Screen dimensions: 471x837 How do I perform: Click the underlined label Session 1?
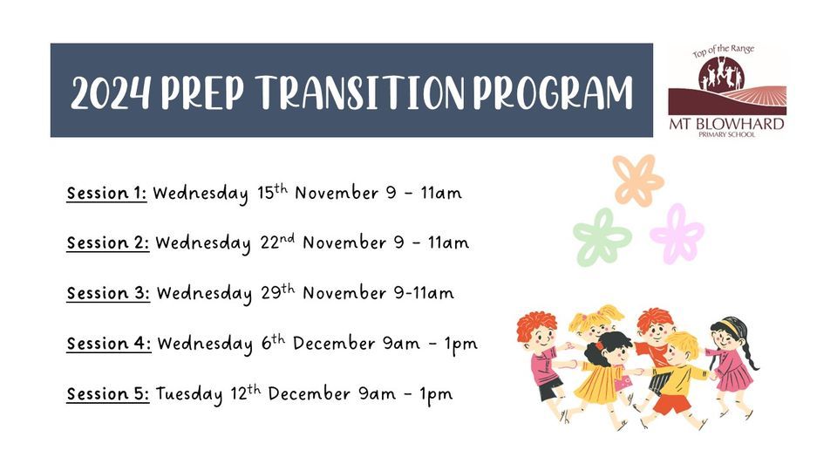coord(106,193)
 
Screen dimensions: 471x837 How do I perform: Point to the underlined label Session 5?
coord(108,394)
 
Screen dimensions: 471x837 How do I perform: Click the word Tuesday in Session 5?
coord(189,395)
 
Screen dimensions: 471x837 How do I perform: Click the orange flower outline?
coord(638,180)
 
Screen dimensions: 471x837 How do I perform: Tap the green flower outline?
coord(602,236)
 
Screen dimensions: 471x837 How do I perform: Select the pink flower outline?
coord(677,233)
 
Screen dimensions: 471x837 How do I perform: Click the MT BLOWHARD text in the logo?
coord(726,124)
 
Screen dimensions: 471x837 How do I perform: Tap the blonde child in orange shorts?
coord(678,375)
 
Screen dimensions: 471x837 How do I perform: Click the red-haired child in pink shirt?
coord(541,358)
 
